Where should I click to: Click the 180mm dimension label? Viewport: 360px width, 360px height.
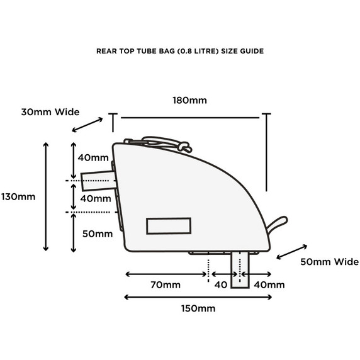189,100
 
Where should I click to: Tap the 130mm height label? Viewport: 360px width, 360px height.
18,197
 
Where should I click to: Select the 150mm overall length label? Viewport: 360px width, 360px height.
198,308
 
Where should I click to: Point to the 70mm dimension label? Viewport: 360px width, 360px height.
166,285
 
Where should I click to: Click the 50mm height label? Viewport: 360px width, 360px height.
98,234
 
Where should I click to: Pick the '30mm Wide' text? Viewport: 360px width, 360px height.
50,112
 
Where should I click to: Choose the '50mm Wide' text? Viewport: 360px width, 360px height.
329,262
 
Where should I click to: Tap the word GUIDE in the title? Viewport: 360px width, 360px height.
252,51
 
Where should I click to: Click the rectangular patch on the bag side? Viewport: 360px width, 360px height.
169,226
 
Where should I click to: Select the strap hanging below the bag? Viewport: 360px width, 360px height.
240,270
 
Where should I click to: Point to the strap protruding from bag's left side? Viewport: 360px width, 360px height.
98,181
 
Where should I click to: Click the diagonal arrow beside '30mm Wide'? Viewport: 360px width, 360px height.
87,125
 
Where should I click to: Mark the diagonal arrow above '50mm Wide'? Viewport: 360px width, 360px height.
292,252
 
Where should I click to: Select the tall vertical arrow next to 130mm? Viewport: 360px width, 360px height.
46,196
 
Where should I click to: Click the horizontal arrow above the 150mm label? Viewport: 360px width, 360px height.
198,297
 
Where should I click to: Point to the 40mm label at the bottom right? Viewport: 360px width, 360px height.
269,285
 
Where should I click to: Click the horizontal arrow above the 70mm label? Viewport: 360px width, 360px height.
166,274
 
